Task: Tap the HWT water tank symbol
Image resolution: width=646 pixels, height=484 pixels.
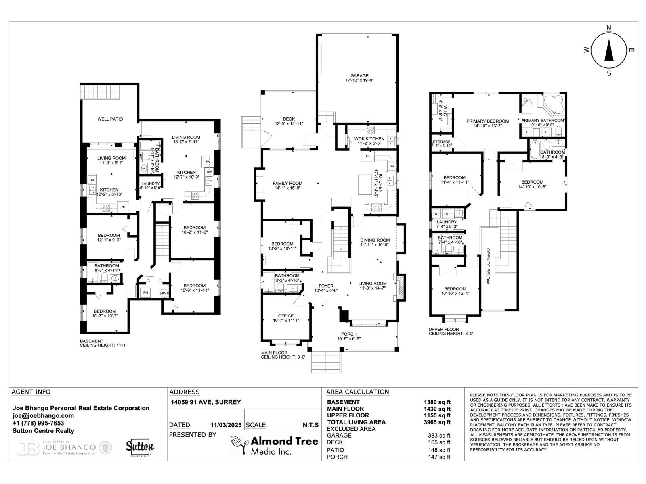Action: click(164, 293)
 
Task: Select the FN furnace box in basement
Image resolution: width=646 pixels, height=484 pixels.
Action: click(145, 293)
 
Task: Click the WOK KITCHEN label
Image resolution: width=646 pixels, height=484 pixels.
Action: click(369, 139)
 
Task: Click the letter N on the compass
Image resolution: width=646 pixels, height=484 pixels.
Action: click(609, 27)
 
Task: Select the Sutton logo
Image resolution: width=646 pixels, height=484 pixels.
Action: click(140, 447)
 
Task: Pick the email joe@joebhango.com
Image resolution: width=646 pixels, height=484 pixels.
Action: click(43, 415)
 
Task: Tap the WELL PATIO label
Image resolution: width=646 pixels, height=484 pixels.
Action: click(110, 119)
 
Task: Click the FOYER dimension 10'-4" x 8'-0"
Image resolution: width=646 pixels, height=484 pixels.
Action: click(326, 290)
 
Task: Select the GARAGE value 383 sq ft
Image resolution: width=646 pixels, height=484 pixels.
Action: click(439, 436)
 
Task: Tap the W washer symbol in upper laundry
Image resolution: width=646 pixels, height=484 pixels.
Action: click(436, 213)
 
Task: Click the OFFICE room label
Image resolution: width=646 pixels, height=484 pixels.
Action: click(285, 316)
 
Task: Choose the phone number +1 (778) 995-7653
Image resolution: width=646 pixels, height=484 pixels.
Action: click(38, 423)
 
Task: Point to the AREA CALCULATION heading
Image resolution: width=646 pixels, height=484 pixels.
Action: click(357, 392)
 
